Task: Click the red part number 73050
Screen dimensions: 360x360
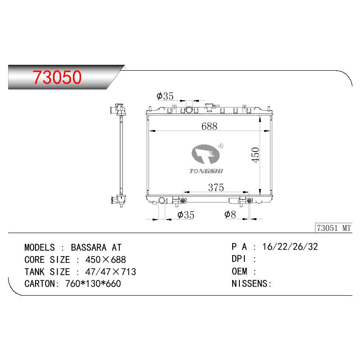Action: pos(57,77)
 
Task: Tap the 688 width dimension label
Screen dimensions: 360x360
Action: pos(209,126)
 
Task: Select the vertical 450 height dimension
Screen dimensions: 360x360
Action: pos(255,155)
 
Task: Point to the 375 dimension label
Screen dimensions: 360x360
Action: pos(216,188)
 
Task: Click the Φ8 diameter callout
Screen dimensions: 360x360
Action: pos(230,215)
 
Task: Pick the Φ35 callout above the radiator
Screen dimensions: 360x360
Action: pos(165,96)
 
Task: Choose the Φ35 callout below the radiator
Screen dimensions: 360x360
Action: pos(186,215)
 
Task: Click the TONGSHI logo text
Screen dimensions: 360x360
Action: pos(206,171)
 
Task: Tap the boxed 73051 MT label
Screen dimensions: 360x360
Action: pos(333,228)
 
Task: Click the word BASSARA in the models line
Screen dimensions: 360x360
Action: pos(89,247)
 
